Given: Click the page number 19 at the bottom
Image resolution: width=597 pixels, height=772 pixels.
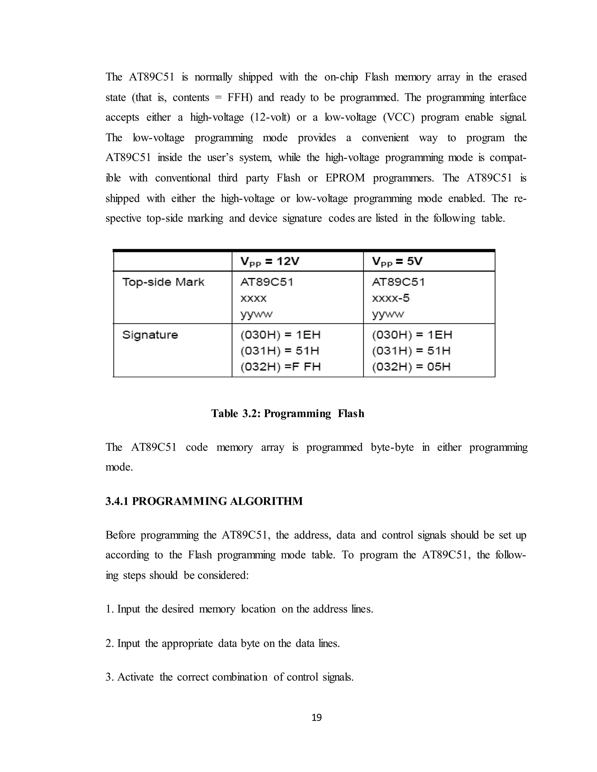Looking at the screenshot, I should click(317, 718).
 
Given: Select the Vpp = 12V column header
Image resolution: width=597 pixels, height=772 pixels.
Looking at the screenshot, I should click(270, 262).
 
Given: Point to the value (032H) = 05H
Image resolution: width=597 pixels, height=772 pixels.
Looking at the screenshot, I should click(411, 366).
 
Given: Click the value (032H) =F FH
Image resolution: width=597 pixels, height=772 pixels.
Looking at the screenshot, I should click(280, 366).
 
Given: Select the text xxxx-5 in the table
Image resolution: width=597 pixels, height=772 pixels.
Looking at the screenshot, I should click(390, 298).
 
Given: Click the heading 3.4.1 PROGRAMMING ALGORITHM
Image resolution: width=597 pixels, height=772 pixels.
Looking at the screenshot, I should click(204, 501).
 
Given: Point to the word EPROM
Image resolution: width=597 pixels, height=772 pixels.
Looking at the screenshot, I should click(345, 178).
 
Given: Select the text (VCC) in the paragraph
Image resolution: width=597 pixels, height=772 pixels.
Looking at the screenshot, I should click(398, 117).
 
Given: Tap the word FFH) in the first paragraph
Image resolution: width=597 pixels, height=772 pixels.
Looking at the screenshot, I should click(240, 98).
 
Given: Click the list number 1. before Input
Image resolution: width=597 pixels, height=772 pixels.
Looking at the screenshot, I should click(109, 609).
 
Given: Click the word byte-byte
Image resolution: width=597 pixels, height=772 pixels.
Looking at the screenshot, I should click(392, 447).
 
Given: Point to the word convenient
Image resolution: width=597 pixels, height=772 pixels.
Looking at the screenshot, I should click(385, 138).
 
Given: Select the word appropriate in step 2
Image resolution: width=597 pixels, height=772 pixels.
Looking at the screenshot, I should click(187, 643).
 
